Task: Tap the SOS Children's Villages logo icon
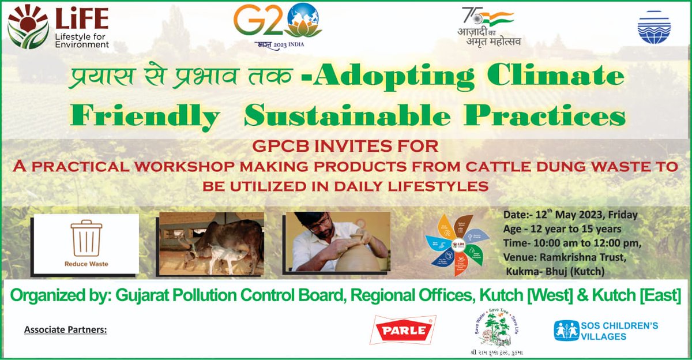566,331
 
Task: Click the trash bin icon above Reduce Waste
86,238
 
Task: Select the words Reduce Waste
86,264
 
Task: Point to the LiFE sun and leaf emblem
27,27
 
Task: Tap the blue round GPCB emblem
654,27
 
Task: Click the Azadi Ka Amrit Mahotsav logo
488,27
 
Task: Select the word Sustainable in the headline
347,117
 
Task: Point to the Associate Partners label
66,330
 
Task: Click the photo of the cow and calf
211,243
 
